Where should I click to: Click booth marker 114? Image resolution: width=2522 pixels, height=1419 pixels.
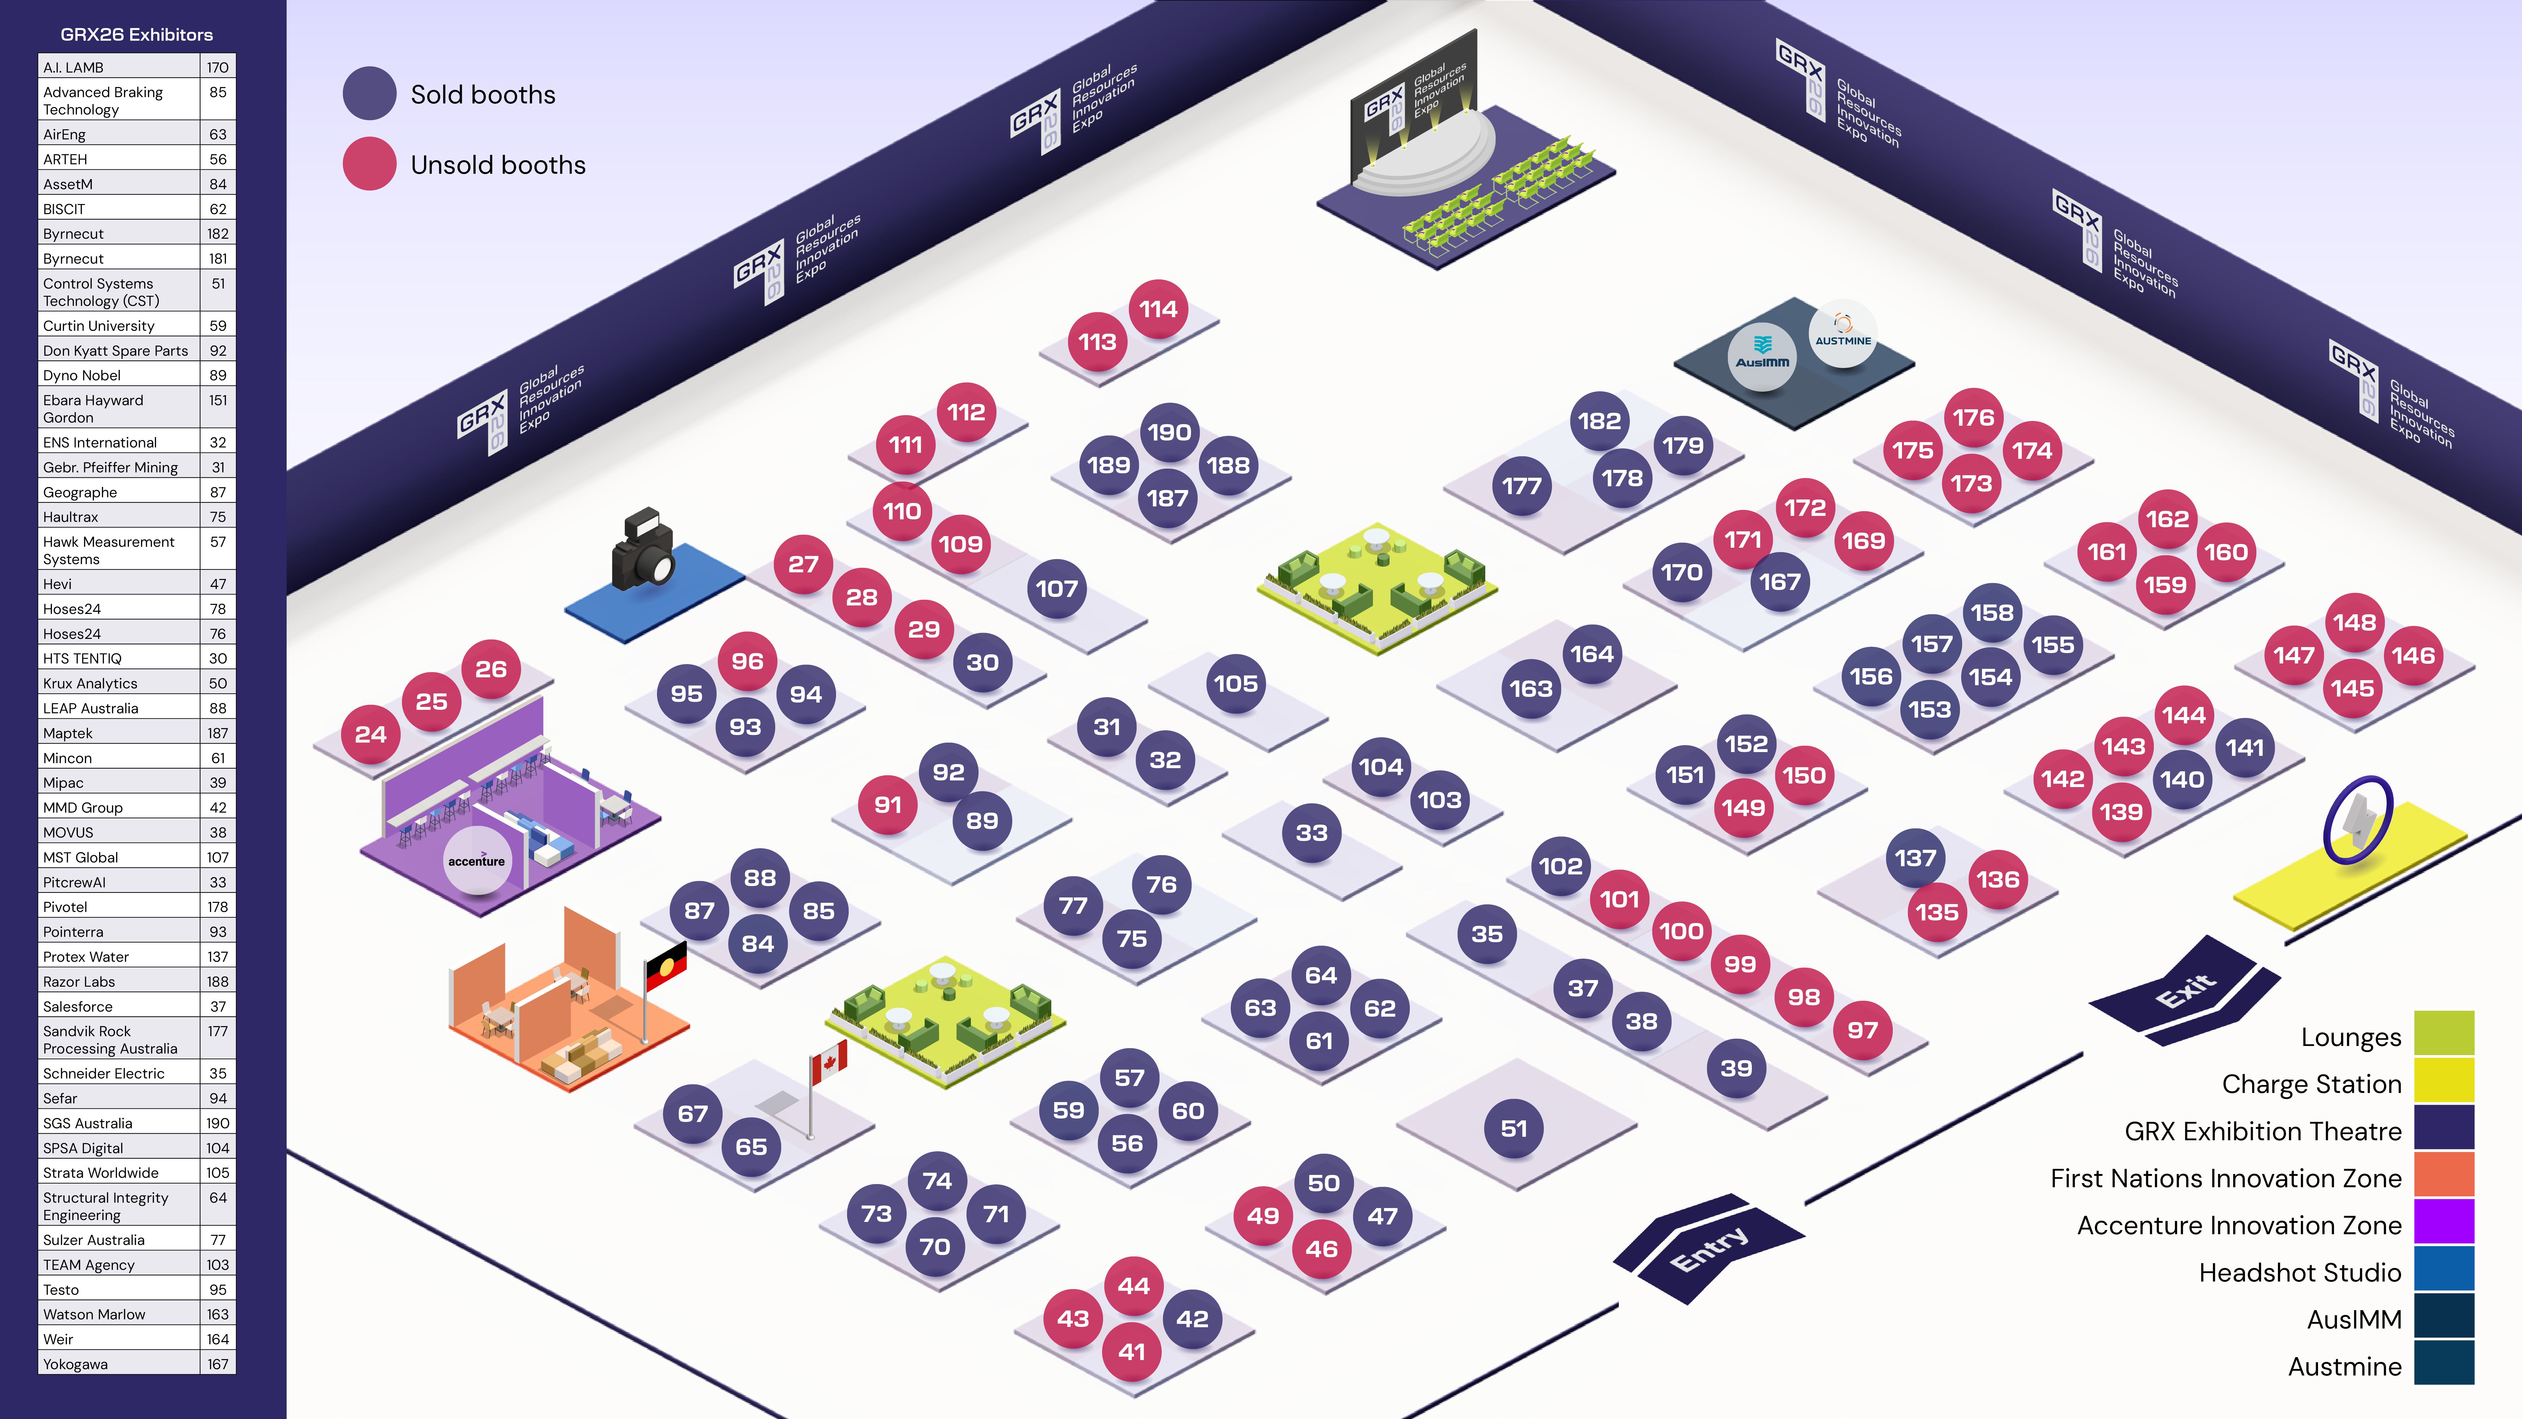pyautogui.click(x=1158, y=309)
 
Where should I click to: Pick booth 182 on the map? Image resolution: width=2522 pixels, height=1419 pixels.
pyautogui.click(x=1599, y=421)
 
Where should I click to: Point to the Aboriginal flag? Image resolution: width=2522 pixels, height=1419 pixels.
pyautogui.click(x=666, y=965)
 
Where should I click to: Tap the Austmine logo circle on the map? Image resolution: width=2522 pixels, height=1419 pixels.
pyautogui.click(x=1843, y=333)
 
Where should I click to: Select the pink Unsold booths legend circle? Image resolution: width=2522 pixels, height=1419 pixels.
pyautogui.click(x=369, y=165)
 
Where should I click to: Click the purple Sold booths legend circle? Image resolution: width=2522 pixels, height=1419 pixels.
pyautogui.click(x=369, y=94)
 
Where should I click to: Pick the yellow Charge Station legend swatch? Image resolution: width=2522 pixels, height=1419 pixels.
pyautogui.click(x=2444, y=1082)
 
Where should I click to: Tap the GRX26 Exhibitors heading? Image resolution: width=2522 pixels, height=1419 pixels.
pyautogui.click(x=137, y=34)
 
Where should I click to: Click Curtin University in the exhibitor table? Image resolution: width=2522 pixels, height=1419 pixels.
pyautogui.click(x=99, y=325)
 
